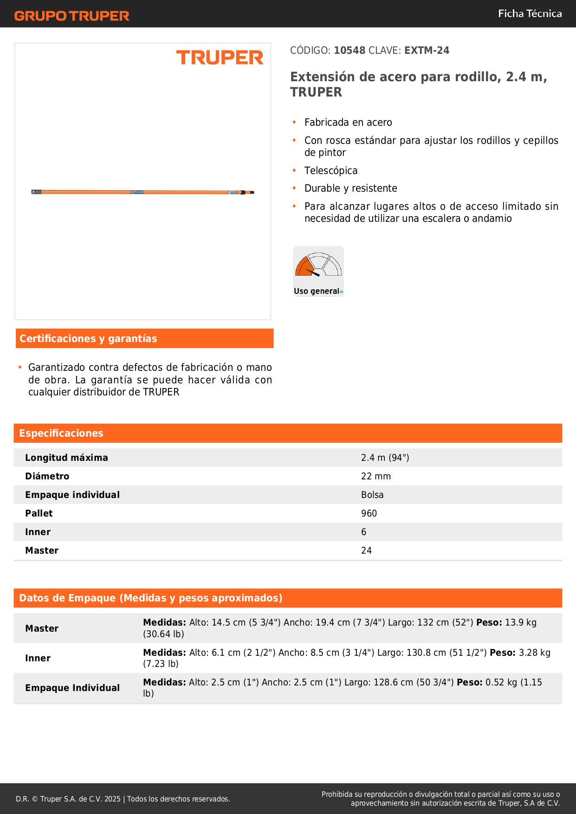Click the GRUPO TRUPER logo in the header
[71, 16]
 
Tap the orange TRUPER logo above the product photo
[220, 58]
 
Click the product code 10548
[349, 51]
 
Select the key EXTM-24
[427, 51]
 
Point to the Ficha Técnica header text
[530, 13]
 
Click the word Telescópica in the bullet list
[331, 171]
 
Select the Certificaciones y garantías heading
[88, 339]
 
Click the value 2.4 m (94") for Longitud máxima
[385, 458]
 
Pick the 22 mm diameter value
[375, 476]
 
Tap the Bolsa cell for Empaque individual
[372, 495]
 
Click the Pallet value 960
[369, 513]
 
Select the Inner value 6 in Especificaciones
[364, 532]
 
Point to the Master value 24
[366, 550]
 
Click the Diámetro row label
[47, 476]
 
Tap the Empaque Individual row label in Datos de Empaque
[72, 688]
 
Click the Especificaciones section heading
[61, 433]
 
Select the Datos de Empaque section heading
[150, 598]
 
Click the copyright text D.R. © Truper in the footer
[123, 799]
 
